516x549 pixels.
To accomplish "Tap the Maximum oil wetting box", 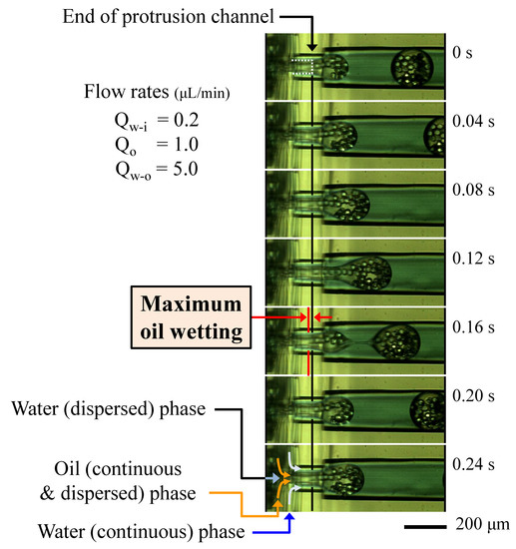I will tap(189, 317).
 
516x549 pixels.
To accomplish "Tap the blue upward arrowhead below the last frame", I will tap(288, 517).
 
